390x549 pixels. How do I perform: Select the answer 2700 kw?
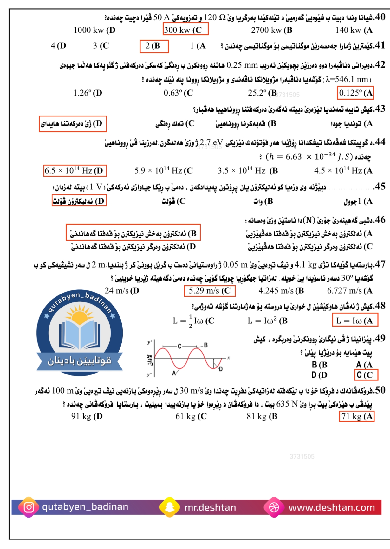pos(271,30)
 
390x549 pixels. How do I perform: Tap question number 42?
pos(380,65)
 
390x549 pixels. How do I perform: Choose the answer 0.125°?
pos(355,93)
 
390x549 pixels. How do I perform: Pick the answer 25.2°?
pos(262,93)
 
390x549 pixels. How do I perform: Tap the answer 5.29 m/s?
pos(209,291)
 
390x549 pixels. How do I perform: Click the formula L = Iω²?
pos(267,321)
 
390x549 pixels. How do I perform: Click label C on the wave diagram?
pos(180,346)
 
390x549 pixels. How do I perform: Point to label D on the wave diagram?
pos(221,369)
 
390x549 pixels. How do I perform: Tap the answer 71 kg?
pos(356,416)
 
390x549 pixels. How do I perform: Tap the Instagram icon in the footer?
pos(29,507)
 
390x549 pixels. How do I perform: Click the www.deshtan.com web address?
pos(331,507)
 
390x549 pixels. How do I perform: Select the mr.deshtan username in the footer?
pos(210,507)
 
